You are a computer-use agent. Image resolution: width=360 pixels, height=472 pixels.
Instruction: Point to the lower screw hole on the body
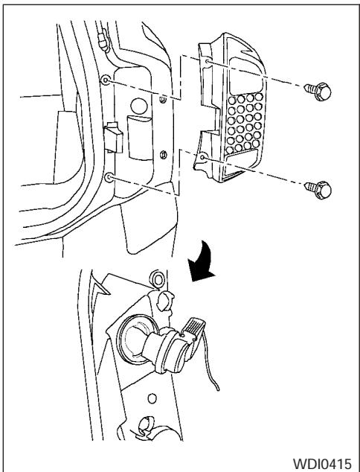(110, 178)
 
